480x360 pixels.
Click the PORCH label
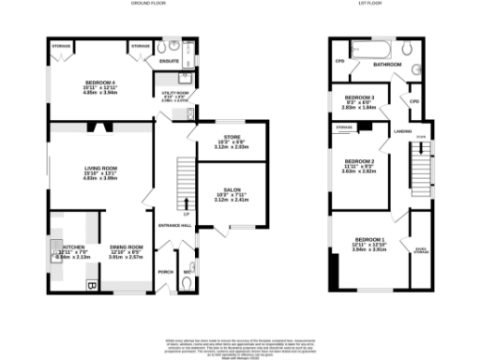(x=165, y=272)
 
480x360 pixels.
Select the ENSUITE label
(x=169, y=62)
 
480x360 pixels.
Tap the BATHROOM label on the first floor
(x=387, y=65)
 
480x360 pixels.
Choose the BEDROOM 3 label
(x=360, y=97)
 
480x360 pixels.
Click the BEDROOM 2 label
(x=360, y=161)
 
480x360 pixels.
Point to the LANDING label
(x=403, y=131)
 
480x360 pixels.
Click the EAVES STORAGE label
(x=421, y=249)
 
